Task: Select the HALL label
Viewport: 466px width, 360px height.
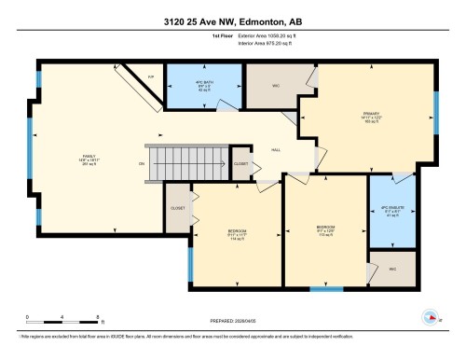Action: click(x=276, y=148)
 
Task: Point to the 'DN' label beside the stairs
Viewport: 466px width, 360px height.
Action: click(x=141, y=163)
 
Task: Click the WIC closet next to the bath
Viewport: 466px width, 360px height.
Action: click(x=276, y=85)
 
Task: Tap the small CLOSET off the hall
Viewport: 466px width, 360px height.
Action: click(x=240, y=162)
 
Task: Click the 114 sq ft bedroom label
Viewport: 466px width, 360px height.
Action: click(x=237, y=233)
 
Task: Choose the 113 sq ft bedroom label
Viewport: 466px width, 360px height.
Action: click(x=325, y=229)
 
